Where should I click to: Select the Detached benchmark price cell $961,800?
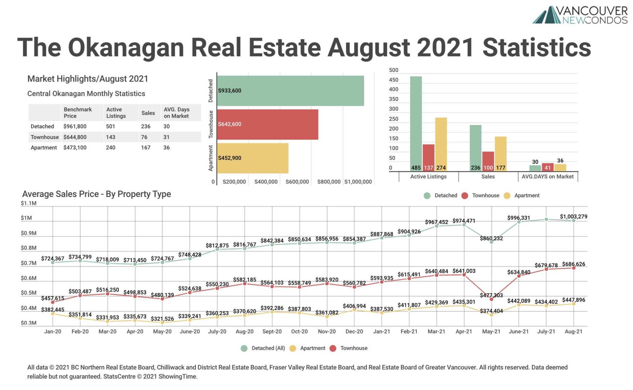75,126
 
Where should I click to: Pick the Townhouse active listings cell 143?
110,137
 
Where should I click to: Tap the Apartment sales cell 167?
145,147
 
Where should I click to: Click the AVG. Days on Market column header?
176,113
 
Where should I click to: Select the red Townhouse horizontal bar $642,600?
267,124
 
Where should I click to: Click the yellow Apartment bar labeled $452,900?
252,158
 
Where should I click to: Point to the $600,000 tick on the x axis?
297,182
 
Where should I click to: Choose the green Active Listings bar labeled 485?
416,122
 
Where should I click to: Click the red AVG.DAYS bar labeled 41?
548,167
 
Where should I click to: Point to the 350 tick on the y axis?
394,99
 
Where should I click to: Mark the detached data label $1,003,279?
573,216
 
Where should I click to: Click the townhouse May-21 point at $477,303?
491,299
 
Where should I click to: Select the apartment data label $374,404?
491,311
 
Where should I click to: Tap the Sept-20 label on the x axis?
272,331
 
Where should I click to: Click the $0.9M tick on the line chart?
29,233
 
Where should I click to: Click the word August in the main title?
369,47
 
